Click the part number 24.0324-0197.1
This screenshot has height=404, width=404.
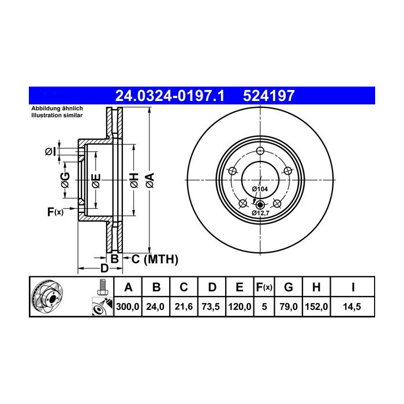(x=170, y=96)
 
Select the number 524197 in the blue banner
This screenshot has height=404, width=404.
(x=268, y=96)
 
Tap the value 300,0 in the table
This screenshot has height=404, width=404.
(x=128, y=306)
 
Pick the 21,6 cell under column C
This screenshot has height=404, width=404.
(x=184, y=306)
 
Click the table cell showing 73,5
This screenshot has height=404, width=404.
(x=211, y=306)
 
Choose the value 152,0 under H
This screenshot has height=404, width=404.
(x=316, y=306)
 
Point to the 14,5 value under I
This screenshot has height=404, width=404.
(x=352, y=306)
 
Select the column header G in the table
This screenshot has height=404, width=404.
(x=289, y=287)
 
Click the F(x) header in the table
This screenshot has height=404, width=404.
(x=264, y=287)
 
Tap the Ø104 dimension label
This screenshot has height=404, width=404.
(x=260, y=189)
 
